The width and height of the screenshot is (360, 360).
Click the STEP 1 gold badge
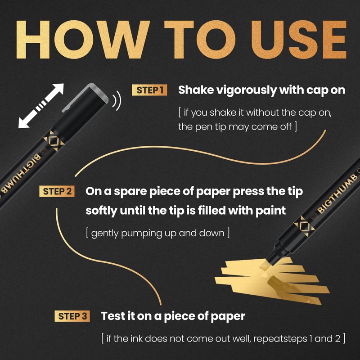pos(149,90)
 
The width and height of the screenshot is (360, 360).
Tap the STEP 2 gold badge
pos(57,191)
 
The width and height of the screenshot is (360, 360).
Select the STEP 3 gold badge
pos(72,316)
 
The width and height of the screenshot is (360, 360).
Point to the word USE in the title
pos(299,40)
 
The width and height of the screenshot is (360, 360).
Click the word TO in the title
pos(200,40)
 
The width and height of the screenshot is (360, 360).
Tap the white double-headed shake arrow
pos(41,106)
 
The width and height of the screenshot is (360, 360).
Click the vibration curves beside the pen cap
pos(117,100)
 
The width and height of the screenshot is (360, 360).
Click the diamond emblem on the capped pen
pos(54,141)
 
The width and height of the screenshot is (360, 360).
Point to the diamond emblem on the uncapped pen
pos(305,227)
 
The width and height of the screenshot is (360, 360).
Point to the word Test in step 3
pos(114,316)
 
